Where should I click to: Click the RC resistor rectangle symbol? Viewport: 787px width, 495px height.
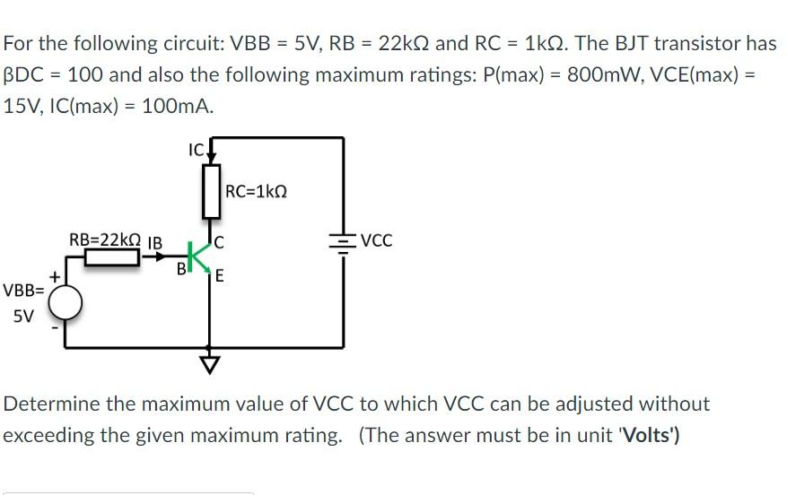pos(211,191)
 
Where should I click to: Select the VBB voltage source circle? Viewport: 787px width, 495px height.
pos(66,305)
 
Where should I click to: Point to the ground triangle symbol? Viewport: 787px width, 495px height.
pos(210,364)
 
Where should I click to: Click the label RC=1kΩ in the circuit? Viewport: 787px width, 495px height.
pos(258,191)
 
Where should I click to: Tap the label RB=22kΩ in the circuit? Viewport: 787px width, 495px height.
pos(104,239)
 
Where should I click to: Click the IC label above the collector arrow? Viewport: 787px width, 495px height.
pos(197,149)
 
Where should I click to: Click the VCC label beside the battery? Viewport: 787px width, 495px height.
pos(376,241)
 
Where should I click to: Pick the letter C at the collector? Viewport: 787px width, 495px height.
pos(220,241)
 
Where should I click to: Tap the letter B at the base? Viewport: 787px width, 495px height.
pos(181,267)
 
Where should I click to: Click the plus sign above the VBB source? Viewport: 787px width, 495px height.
pos(56,279)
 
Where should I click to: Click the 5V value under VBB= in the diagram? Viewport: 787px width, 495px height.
pos(22,316)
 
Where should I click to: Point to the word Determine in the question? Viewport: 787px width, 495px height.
pos(51,404)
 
